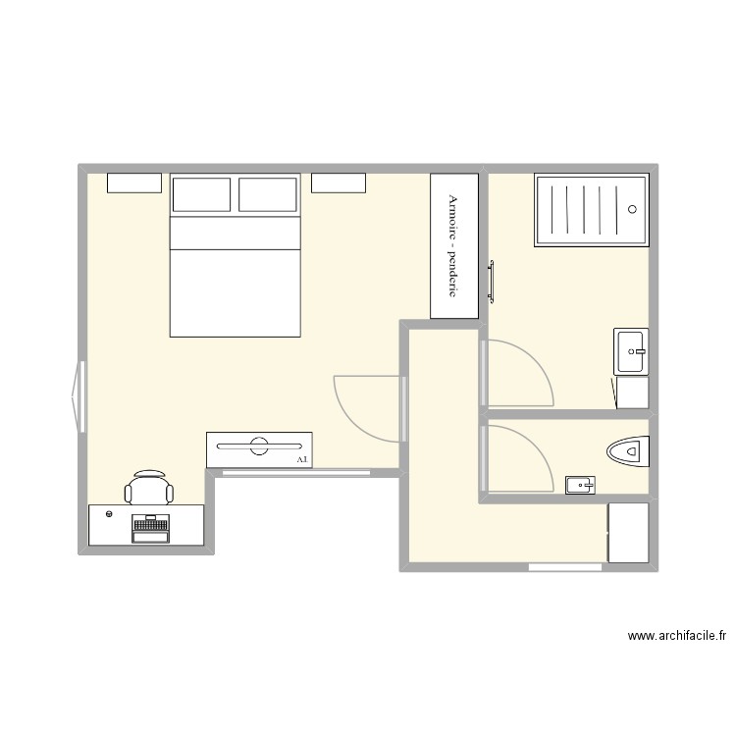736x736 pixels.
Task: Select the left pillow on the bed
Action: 202,194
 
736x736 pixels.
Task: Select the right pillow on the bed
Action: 268,194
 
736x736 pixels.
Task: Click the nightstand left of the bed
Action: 133,183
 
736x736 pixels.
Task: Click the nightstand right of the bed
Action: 339,183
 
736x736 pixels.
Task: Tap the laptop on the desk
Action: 149,528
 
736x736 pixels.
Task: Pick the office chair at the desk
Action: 149,489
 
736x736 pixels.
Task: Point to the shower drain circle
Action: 632,209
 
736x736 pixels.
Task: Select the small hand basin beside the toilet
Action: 580,484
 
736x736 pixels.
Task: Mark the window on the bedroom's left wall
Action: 79,396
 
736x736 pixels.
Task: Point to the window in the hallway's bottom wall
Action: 564,567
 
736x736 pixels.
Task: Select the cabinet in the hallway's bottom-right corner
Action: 628,533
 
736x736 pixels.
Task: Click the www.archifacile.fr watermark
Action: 677,637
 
